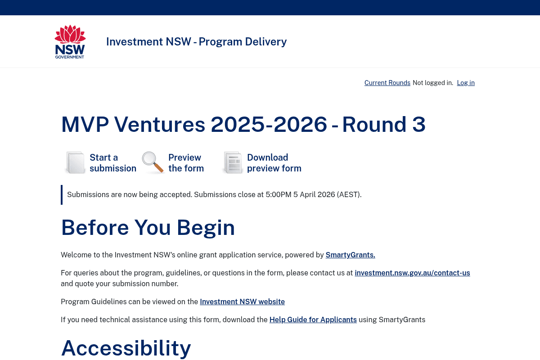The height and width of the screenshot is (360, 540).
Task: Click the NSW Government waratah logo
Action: pos(70,41)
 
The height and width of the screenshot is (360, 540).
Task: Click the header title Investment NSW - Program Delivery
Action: pos(196,41)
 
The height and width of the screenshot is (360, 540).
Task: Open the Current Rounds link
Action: pos(387,83)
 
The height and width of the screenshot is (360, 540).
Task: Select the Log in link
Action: pos(466,83)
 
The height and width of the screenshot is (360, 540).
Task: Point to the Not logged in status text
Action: pos(433,83)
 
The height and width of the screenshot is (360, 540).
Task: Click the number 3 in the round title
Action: pos(418,125)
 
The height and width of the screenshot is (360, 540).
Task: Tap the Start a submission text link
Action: pos(112,163)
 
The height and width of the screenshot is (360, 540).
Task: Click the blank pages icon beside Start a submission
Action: pos(75,162)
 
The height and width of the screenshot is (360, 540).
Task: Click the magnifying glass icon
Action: pos(153,162)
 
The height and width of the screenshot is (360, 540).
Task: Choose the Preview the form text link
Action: pos(186,163)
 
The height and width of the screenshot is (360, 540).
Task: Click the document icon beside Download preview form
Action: pos(233,162)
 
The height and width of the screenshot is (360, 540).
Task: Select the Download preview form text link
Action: pos(274,163)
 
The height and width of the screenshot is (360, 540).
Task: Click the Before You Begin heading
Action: pos(148,227)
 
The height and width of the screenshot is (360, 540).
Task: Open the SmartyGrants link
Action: pos(350,255)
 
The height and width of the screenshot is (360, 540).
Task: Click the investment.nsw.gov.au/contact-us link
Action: pos(412,273)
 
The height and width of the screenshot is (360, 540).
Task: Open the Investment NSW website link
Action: pos(242,302)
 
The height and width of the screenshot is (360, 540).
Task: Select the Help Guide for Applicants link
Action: pos(313,320)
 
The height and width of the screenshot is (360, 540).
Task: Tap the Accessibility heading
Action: pos(126,348)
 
